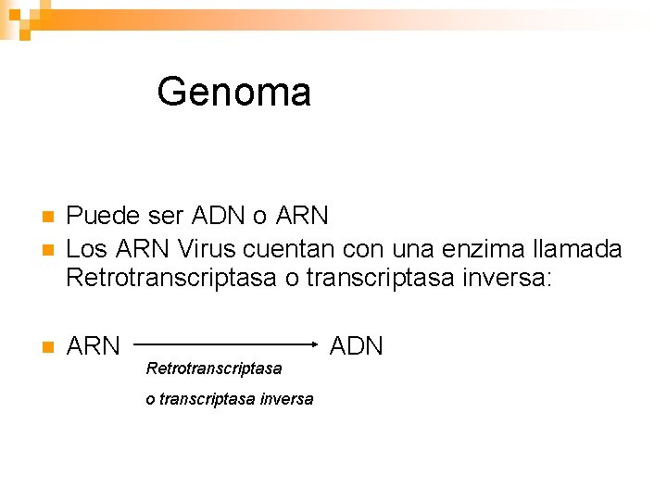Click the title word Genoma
233,92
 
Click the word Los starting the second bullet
88,248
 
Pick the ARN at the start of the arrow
94,346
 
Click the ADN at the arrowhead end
357,346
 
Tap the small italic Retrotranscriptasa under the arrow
214,369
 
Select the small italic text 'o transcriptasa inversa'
230,399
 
